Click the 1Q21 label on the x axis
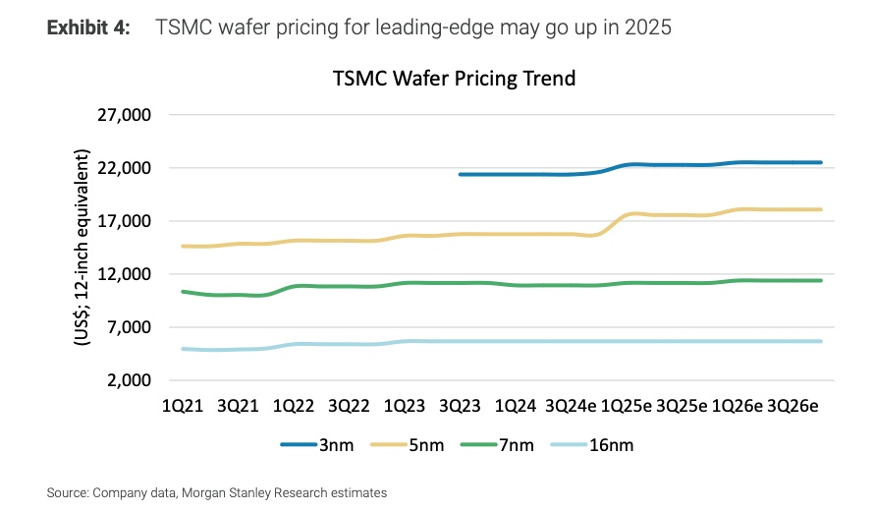(183, 405)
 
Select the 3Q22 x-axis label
(348, 405)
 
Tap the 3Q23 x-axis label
(459, 405)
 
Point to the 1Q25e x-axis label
(627, 405)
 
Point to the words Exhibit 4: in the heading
(88, 28)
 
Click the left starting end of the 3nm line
(461, 174)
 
